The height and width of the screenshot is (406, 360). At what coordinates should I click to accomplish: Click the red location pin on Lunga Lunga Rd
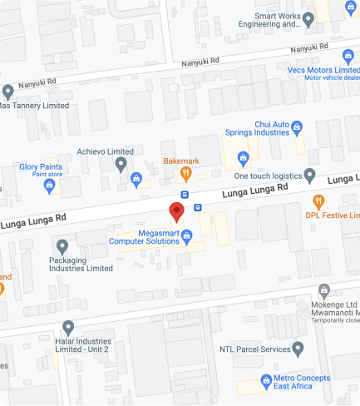(x=176, y=211)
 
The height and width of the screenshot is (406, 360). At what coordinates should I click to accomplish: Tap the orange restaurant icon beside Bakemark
(x=187, y=173)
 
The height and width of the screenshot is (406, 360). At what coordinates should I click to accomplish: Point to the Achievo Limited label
(x=105, y=151)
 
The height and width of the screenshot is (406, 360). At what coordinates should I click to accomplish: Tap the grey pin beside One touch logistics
(x=309, y=176)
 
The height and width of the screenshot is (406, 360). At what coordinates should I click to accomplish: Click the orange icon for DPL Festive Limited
(x=318, y=201)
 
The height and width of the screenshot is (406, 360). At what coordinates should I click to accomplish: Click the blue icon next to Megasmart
(x=188, y=236)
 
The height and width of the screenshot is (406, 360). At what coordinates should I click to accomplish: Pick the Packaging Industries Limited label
(x=75, y=264)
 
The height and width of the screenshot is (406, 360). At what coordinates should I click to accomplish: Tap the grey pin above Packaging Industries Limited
(x=62, y=246)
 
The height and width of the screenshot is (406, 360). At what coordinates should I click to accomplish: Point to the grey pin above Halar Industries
(x=68, y=327)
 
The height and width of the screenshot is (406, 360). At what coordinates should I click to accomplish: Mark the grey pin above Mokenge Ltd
(x=325, y=291)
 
